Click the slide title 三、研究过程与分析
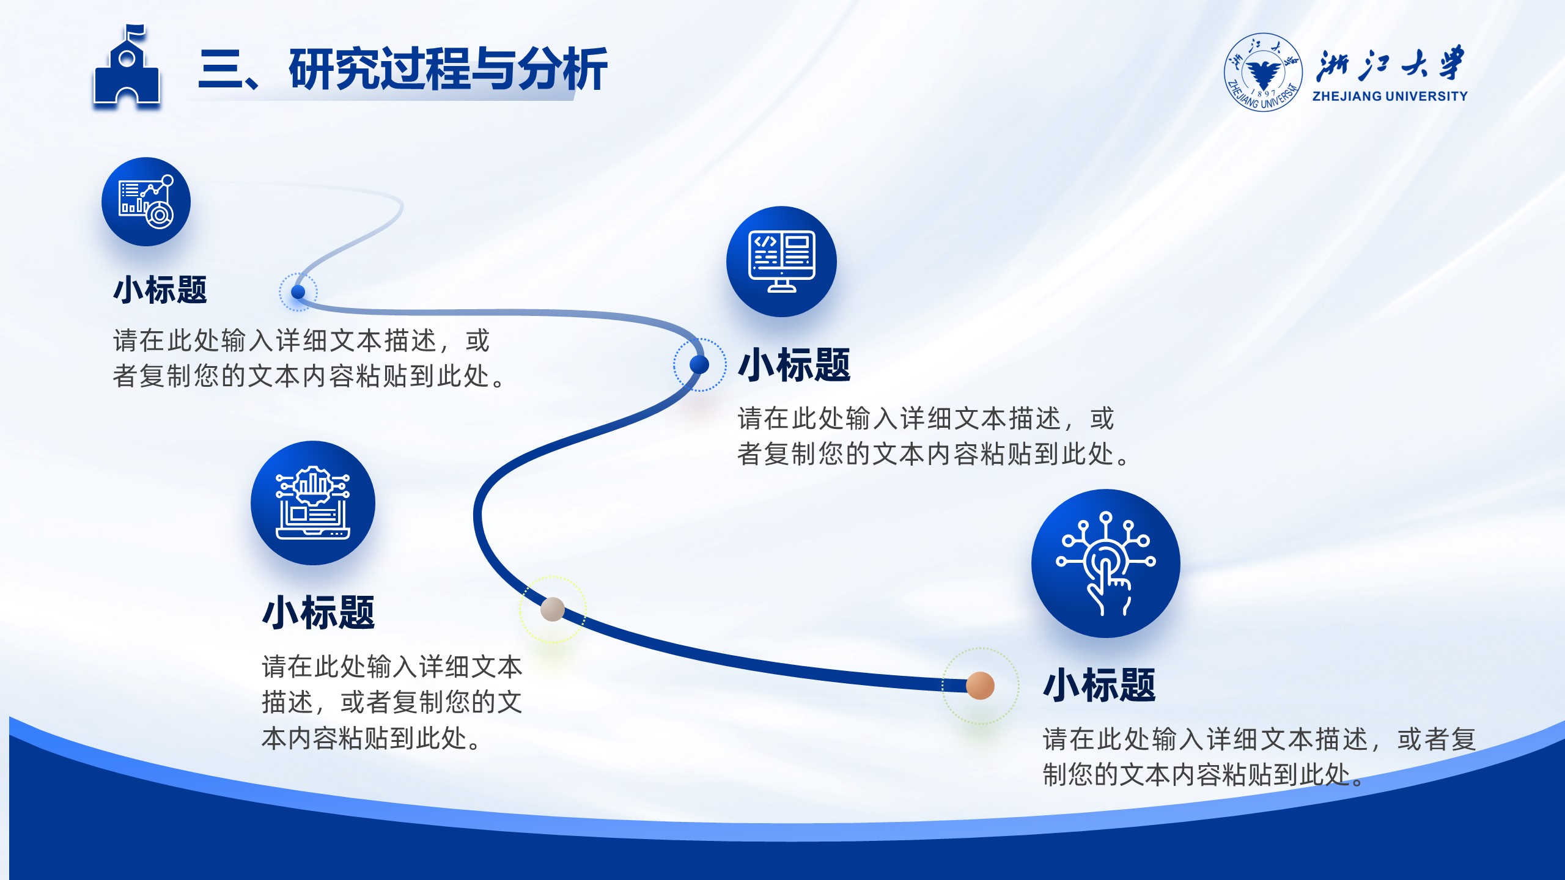click(403, 70)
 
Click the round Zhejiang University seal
click(1263, 72)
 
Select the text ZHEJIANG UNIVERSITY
click(1390, 96)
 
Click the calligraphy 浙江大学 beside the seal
click(1390, 64)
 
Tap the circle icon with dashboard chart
click(146, 202)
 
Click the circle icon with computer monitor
click(781, 262)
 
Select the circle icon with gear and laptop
click(313, 503)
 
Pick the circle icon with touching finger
click(1106, 563)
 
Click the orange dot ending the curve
click(980, 686)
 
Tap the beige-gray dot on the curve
click(553, 609)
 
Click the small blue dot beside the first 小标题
click(298, 291)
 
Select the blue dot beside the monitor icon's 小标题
click(699, 364)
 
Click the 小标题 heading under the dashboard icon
click(160, 290)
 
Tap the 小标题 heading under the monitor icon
click(794, 365)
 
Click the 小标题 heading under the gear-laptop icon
click(319, 613)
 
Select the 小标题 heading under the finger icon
click(1099, 685)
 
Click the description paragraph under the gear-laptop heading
click(392, 702)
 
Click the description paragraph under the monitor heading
click(933, 436)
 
